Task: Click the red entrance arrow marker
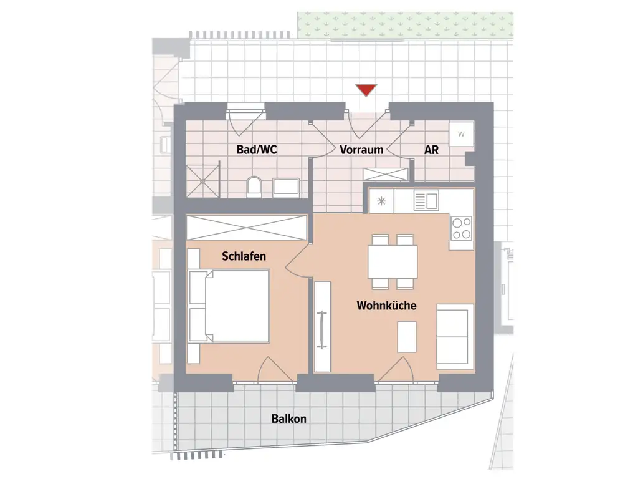coord(366,90)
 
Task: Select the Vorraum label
coord(361,150)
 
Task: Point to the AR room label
coord(431,150)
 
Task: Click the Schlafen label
coord(244,256)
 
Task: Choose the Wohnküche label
coord(386,306)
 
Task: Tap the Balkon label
coord(289,419)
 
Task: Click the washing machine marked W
coord(462,133)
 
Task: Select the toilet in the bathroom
coord(254,186)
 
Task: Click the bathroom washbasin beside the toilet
coord(287,186)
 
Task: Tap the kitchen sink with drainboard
coord(426,200)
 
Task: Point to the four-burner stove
coord(462,228)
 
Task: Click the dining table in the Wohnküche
coord(393,261)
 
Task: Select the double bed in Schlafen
coord(229,306)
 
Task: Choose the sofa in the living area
coord(455,336)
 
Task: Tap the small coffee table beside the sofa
coord(407,336)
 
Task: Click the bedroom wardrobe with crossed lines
coord(247,227)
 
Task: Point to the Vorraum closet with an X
coord(386,175)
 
